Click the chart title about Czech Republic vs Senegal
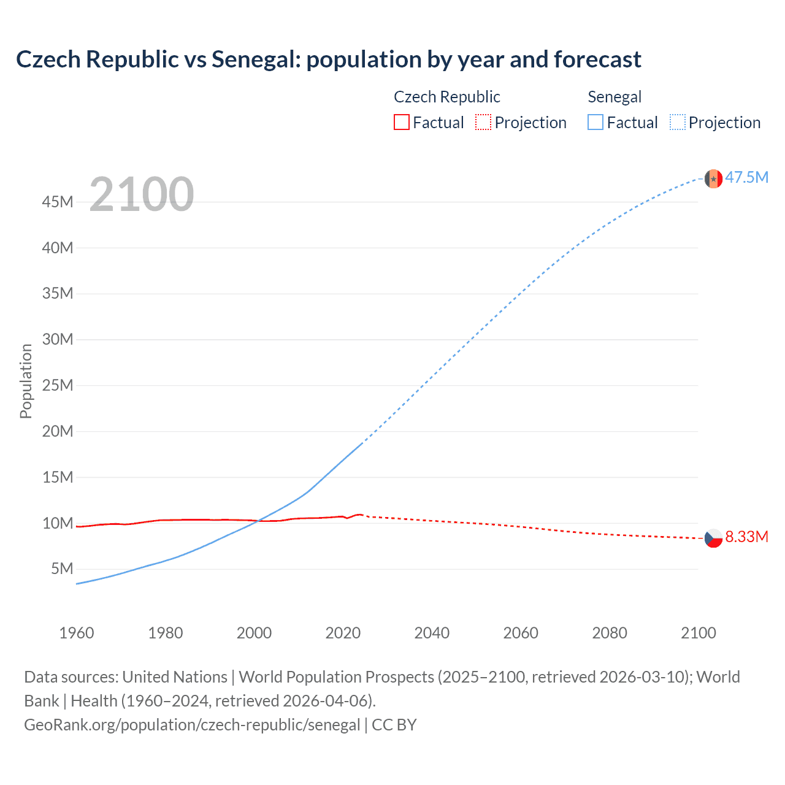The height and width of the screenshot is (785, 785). click(x=328, y=59)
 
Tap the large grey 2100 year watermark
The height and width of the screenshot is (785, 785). click(x=142, y=194)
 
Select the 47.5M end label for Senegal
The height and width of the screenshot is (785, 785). click(x=746, y=178)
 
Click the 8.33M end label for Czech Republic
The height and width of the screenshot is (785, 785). click(x=746, y=537)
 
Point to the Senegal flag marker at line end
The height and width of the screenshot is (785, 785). click(x=713, y=178)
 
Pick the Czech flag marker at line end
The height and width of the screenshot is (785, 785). click(x=713, y=538)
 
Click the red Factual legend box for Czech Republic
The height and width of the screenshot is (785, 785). click(x=401, y=123)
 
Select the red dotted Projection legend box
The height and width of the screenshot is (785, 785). click(x=483, y=123)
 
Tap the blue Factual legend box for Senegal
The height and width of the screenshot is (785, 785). click(x=595, y=123)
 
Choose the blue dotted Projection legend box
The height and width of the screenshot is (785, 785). click(x=677, y=123)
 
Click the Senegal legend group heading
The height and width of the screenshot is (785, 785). click(x=614, y=97)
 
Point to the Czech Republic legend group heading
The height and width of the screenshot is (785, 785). click(x=446, y=97)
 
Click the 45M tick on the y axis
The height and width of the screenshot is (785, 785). click(x=58, y=202)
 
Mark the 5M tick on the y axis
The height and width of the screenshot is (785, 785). click(x=62, y=569)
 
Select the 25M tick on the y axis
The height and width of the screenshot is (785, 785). click(x=58, y=385)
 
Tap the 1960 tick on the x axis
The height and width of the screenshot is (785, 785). click(x=77, y=633)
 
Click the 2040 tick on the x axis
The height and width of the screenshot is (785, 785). click(x=432, y=633)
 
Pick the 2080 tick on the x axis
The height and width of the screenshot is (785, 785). click(x=610, y=633)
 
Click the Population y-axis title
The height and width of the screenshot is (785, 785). click(x=26, y=381)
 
